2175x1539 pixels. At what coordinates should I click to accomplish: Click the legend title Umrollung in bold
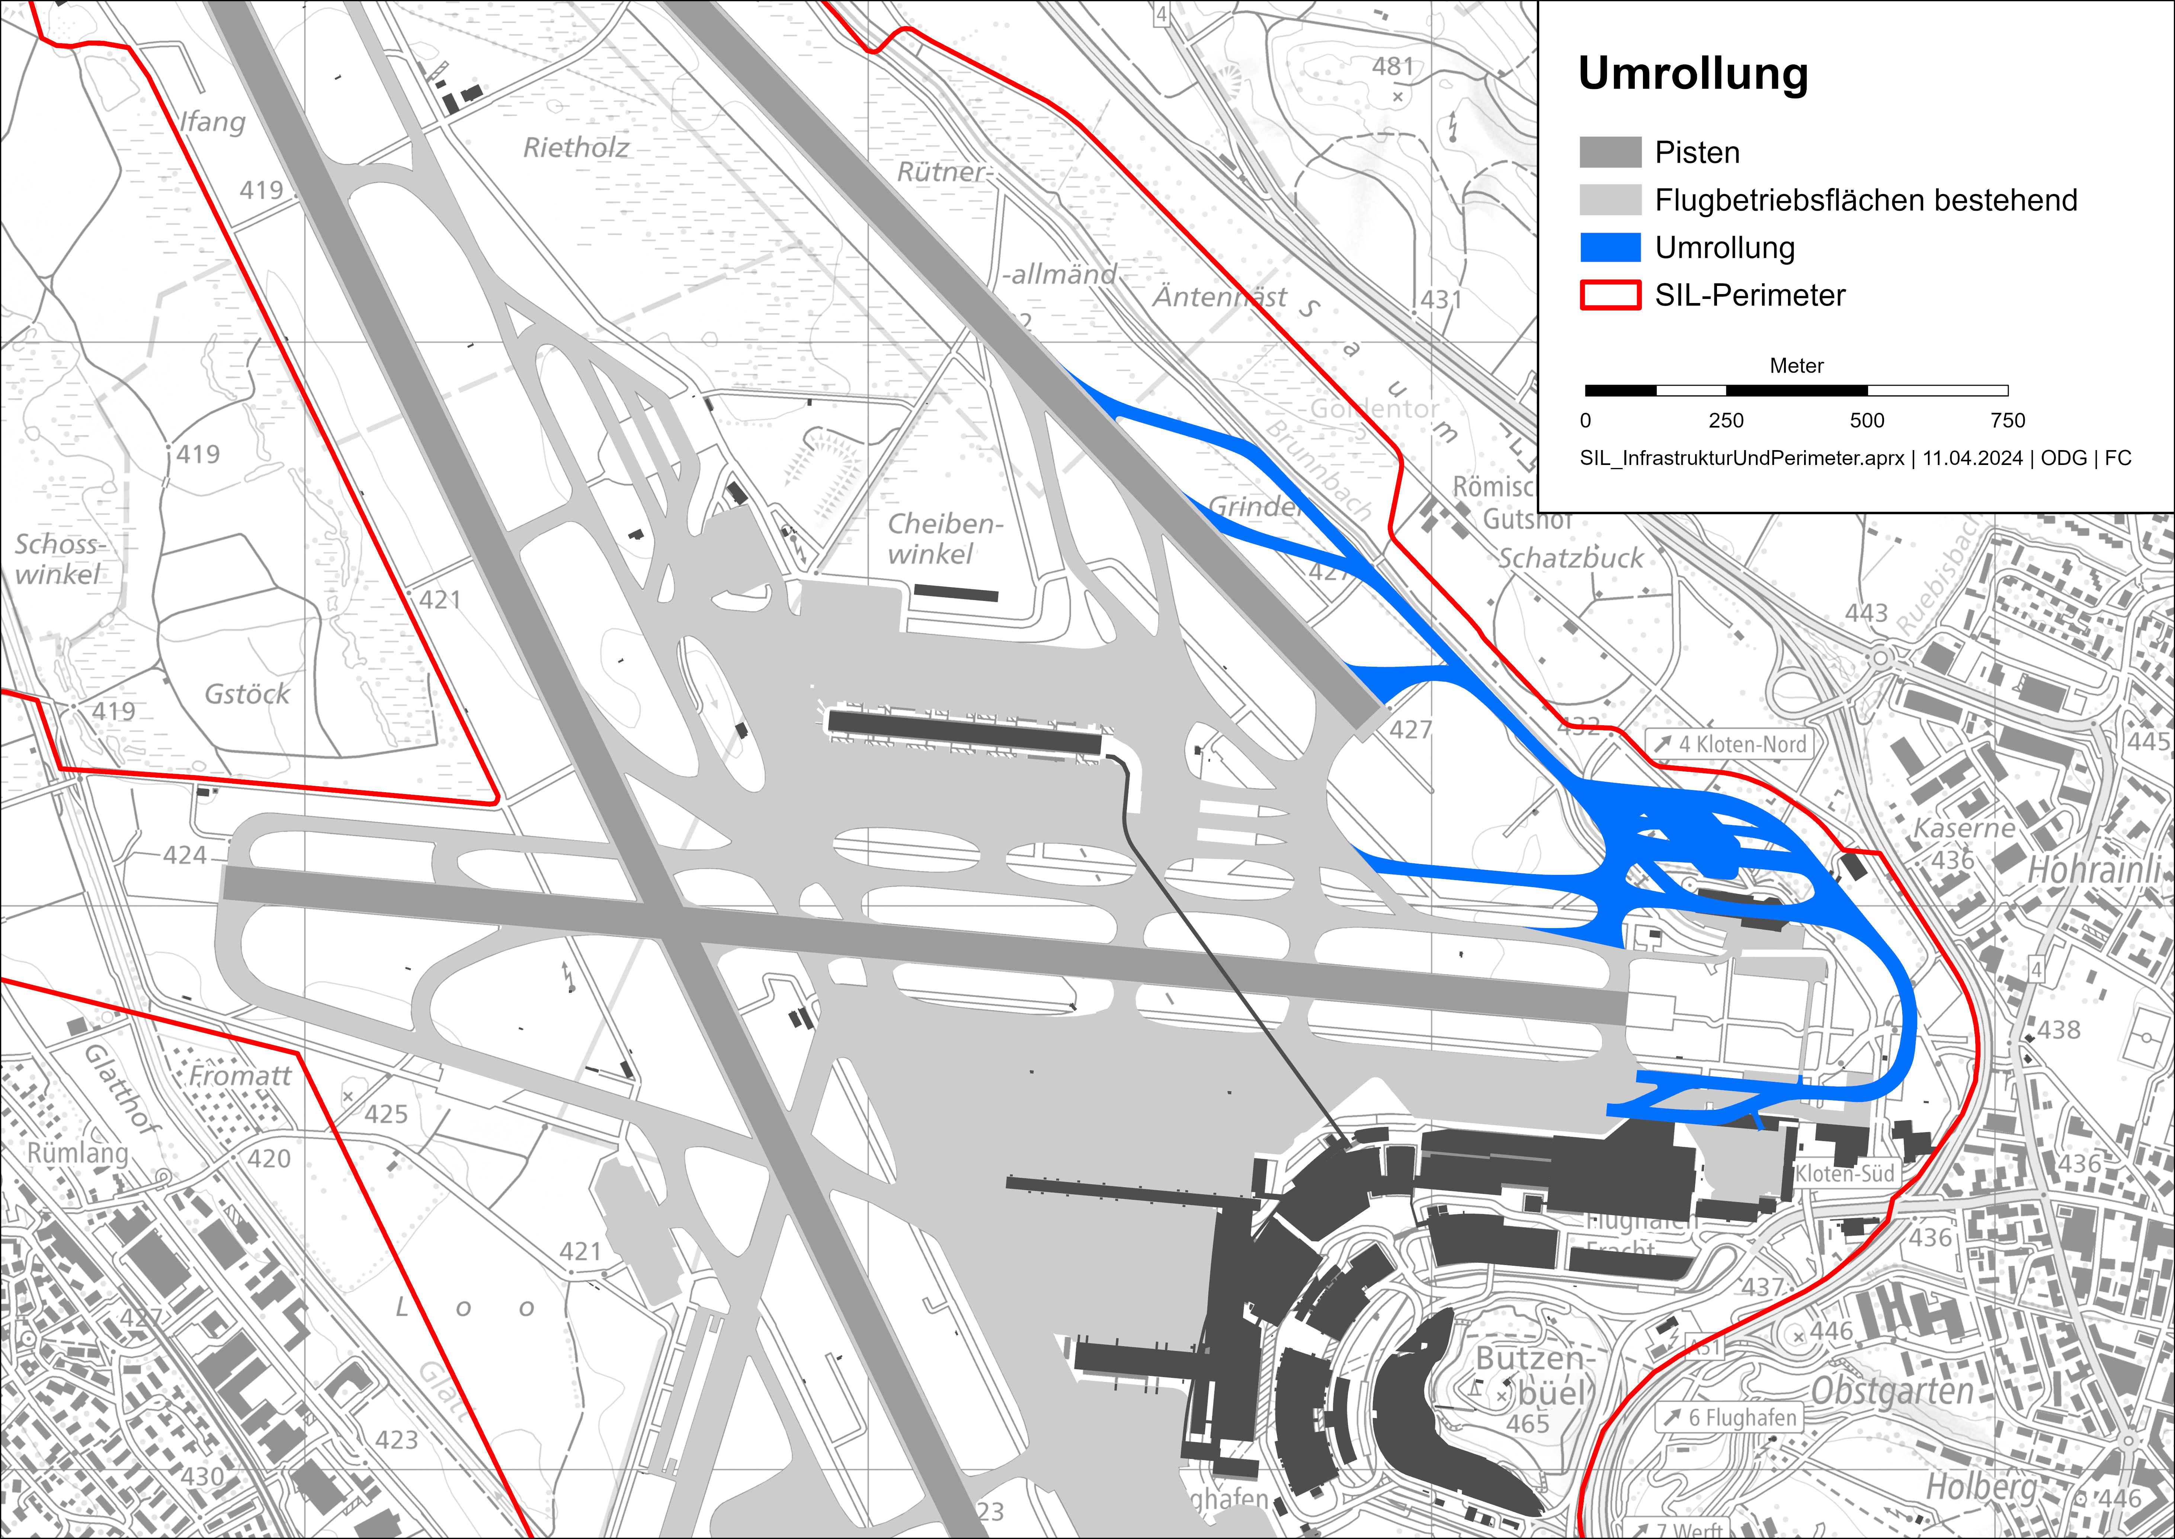point(1693,74)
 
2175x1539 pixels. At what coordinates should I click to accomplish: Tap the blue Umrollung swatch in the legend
point(1609,247)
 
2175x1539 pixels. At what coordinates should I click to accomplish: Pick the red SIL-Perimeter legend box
point(1609,295)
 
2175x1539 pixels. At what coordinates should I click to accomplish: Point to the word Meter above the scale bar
point(1796,366)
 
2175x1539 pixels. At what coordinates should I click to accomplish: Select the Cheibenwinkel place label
point(944,538)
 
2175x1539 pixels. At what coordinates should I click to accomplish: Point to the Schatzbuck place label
point(1570,558)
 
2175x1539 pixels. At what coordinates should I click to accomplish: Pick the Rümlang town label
point(77,1153)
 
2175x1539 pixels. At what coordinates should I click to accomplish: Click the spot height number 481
point(1393,66)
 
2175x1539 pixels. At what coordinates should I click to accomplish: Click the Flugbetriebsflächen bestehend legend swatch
point(1609,200)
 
